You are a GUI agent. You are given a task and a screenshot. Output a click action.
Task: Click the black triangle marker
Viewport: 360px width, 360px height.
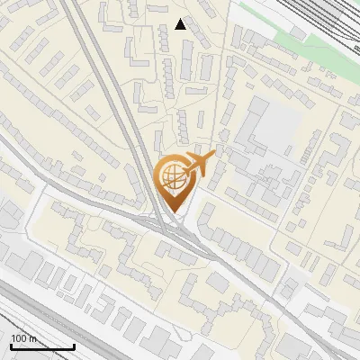pos(181,24)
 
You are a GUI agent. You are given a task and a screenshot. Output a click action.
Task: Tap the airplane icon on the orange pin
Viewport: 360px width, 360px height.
pos(198,164)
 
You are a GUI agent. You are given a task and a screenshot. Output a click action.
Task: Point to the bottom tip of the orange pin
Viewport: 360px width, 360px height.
pos(173,212)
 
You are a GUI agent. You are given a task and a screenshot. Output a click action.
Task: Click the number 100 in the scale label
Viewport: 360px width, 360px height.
pos(20,338)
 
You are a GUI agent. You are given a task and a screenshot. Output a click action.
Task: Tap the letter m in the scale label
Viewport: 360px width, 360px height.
pos(33,338)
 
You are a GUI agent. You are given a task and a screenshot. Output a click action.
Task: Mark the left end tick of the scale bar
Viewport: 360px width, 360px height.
pos(11,346)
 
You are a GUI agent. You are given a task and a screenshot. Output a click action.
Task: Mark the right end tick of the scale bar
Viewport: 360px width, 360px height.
pos(74,346)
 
